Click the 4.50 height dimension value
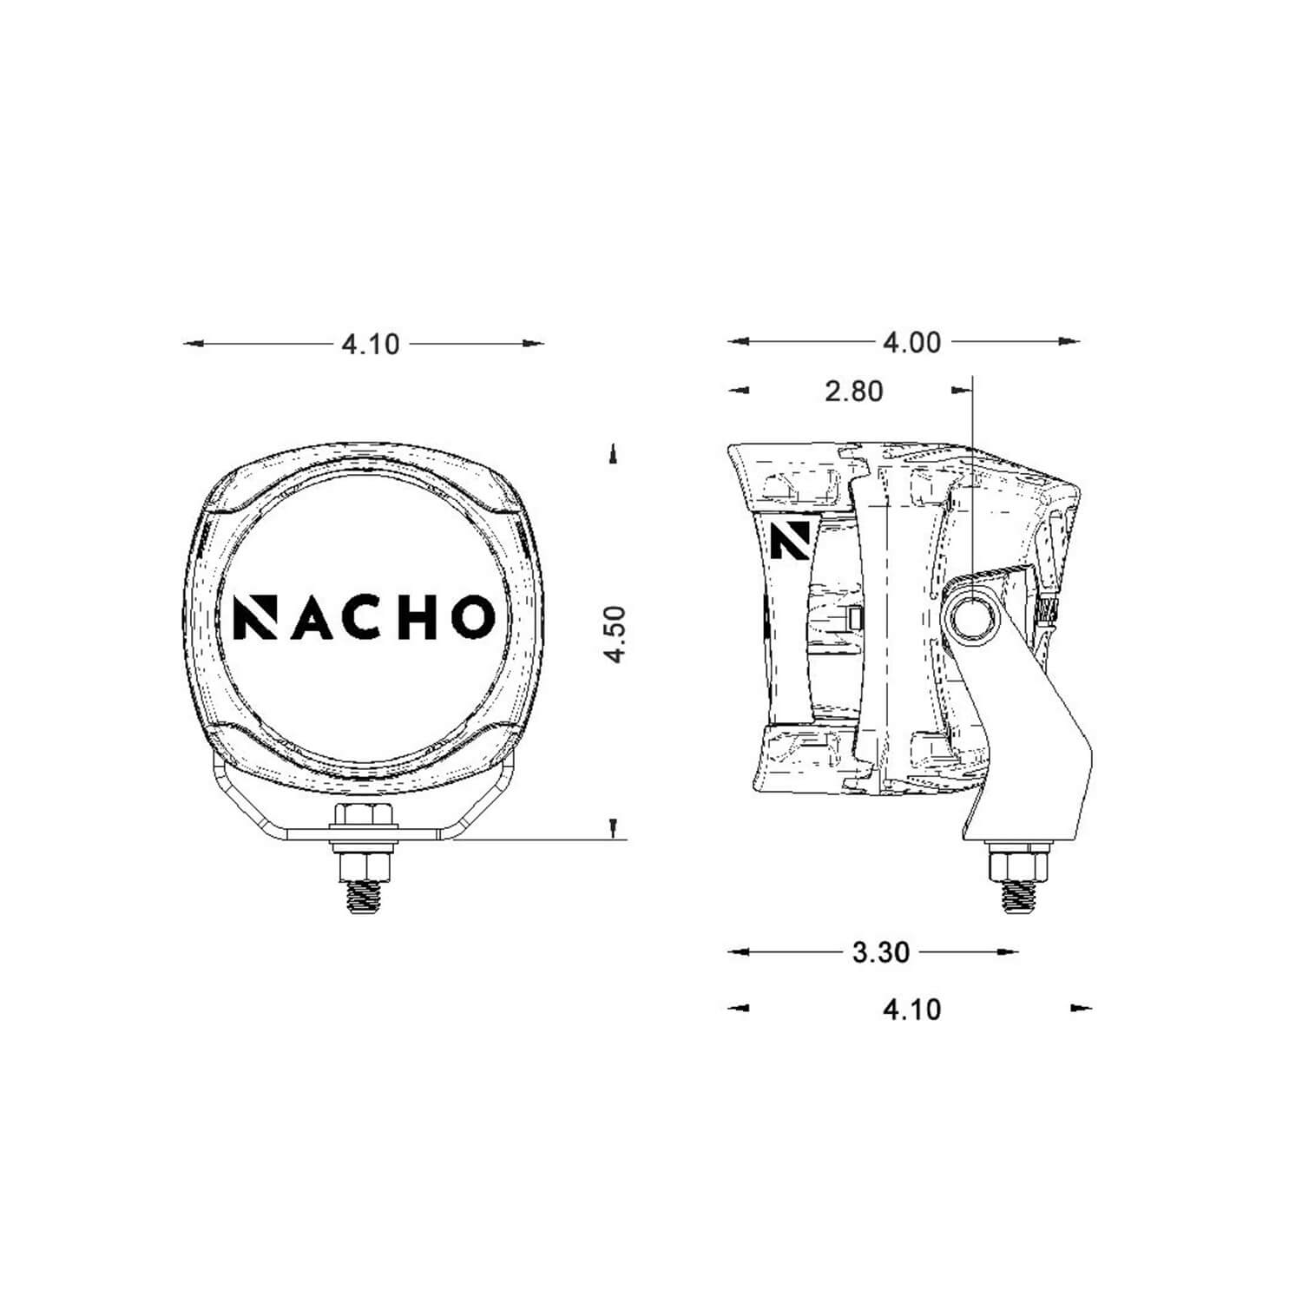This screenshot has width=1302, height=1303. [x=615, y=635]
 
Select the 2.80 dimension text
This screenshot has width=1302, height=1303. [x=853, y=392]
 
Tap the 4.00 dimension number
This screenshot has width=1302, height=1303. [x=911, y=343]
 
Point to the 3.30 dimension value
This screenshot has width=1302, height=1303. [x=880, y=952]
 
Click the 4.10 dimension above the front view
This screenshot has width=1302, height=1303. [x=371, y=345]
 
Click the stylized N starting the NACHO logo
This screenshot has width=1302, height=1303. [x=253, y=616]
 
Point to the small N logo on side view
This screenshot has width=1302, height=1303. [x=789, y=541]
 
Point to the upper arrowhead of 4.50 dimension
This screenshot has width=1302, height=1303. [x=615, y=454]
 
